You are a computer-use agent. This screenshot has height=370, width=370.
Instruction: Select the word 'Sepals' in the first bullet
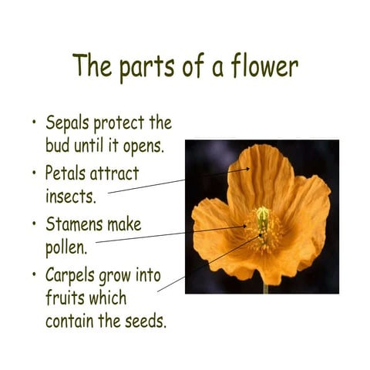[68, 123]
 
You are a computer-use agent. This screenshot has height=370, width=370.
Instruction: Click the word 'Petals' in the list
[66, 173]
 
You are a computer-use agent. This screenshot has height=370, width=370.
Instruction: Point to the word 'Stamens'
[75, 224]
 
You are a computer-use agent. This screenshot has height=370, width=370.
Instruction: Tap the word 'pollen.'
[68, 248]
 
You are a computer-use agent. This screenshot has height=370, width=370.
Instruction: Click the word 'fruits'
[65, 298]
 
